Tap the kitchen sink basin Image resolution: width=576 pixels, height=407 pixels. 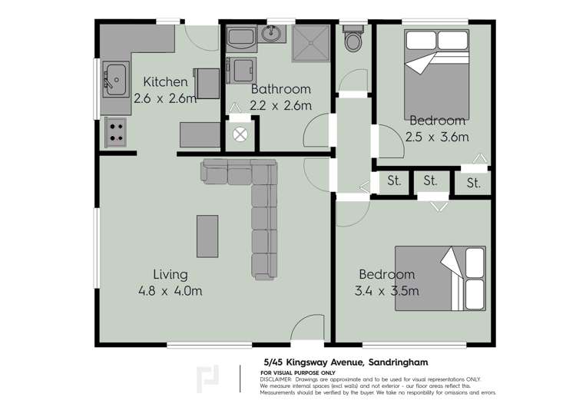tap(115, 78)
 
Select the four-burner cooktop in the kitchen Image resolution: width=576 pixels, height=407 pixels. tap(115, 132)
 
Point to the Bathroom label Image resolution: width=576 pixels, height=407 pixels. tap(281, 90)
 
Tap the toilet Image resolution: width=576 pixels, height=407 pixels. tap(354, 39)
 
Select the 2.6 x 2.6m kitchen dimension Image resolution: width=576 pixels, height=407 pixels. tap(165, 98)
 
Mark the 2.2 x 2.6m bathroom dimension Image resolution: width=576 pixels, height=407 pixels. tap(281, 105)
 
